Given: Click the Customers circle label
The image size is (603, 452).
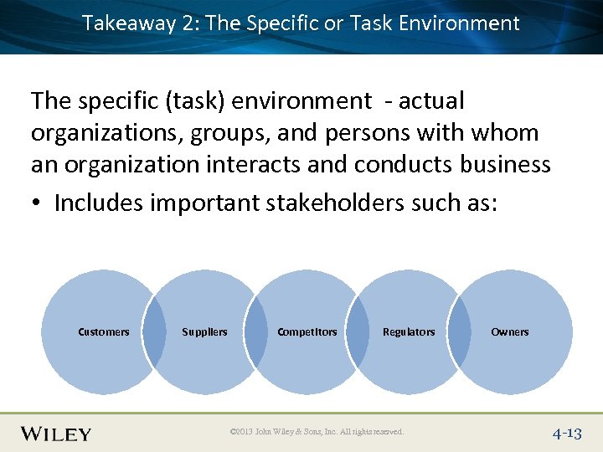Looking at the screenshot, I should [x=104, y=332].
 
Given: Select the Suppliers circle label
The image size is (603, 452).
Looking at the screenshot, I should [x=204, y=332].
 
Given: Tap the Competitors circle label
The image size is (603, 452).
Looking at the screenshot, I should [x=307, y=332].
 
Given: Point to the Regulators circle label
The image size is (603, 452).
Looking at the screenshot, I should [x=409, y=332].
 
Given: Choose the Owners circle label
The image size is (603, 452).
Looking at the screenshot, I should [x=510, y=332].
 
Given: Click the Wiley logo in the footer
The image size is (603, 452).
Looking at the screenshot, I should [x=56, y=434].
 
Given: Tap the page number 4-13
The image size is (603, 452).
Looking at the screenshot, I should [x=566, y=434].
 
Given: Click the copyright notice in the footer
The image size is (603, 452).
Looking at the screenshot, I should [x=317, y=432].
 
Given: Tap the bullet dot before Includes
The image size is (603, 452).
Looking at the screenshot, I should [x=38, y=203].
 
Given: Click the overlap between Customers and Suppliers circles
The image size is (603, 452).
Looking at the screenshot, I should [x=154, y=332].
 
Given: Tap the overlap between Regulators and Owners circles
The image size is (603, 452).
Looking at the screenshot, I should [x=460, y=332].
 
